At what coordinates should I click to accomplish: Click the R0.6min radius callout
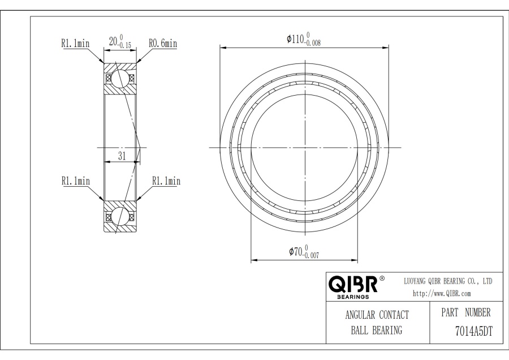tap(163, 43)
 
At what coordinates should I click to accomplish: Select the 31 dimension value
tap(122, 156)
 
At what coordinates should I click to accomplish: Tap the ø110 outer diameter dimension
tap(304, 39)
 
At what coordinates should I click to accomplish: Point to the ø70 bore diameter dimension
tap(304, 252)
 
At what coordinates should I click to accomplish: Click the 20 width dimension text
tap(120, 41)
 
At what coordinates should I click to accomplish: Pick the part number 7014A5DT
tap(473, 331)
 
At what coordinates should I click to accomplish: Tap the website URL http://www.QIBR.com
tap(442, 294)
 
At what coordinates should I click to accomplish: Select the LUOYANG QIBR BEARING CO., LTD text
tap(448, 281)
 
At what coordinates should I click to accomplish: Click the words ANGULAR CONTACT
tap(377, 315)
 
